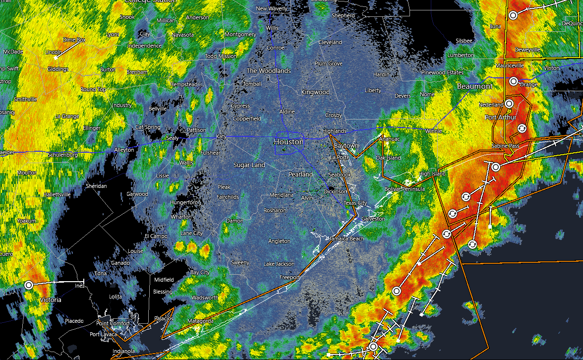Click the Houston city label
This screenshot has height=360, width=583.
[x=289, y=142]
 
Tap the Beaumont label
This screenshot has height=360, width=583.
[x=475, y=86]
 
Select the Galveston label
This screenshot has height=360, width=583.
[x=373, y=219]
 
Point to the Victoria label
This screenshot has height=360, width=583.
[x=51, y=300]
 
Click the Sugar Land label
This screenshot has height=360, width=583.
[x=249, y=165]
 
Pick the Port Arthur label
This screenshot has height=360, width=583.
[x=501, y=118]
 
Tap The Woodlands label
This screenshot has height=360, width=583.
[x=269, y=71]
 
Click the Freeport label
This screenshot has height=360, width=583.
[x=290, y=277]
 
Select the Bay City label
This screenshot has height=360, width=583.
[x=200, y=273]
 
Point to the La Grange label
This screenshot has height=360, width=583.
[x=67, y=116]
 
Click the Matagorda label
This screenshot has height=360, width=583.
[x=201, y=321]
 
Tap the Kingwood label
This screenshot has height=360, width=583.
[x=315, y=92]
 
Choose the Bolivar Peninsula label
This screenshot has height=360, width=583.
[x=405, y=189]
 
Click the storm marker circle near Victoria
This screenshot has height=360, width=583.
[x=29, y=285]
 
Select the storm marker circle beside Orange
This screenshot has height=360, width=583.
[x=514, y=81]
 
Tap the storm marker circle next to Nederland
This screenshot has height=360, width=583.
[x=509, y=103]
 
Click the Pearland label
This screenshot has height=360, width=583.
[x=301, y=175]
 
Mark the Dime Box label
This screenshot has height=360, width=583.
[x=74, y=40]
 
